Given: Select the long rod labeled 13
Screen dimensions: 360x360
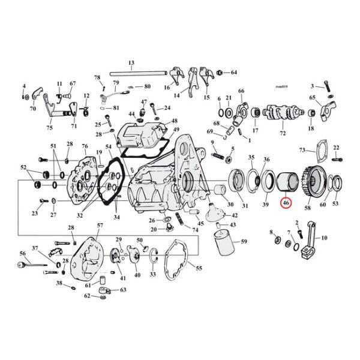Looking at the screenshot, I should click(x=138, y=74).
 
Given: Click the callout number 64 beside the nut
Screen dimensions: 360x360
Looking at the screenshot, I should click(x=233, y=73).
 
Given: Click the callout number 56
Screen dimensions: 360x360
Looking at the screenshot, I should click(x=22, y=253).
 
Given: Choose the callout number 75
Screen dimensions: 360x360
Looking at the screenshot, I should click(x=49, y=128).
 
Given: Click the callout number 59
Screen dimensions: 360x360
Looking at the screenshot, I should click(x=243, y=242).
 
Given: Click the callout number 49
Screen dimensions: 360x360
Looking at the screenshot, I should click(x=176, y=130).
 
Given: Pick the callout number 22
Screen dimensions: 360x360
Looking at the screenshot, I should click(x=337, y=148).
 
